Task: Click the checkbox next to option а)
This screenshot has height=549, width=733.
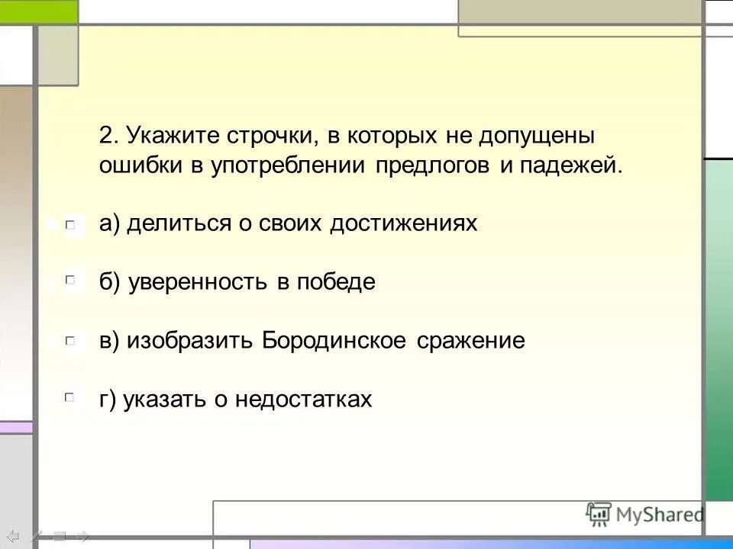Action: [x=70, y=224]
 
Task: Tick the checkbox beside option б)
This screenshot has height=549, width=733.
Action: [x=70, y=283]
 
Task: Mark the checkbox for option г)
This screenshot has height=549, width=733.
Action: [x=70, y=398]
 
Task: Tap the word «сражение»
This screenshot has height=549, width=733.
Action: [x=471, y=341]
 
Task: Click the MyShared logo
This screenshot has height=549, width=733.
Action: [x=645, y=514]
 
